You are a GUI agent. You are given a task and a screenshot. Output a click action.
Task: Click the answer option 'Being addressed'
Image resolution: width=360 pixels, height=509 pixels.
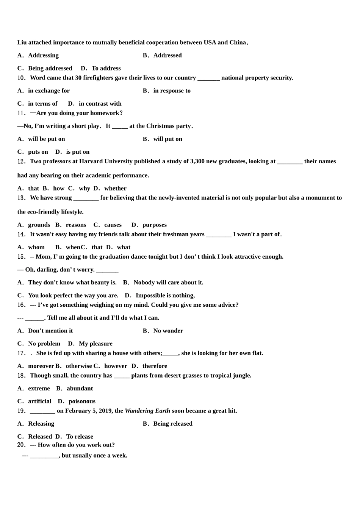tap(50, 68)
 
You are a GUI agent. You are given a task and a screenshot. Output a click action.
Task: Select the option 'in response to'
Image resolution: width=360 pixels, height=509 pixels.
tap(172, 91)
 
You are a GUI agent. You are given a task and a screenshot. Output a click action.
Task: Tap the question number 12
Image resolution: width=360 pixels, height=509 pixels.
tap(22, 161)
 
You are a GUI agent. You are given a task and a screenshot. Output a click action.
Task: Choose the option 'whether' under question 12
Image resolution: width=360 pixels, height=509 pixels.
tap(115, 188)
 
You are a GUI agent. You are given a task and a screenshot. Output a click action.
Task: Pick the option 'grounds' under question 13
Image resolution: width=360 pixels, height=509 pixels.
tap(39, 225)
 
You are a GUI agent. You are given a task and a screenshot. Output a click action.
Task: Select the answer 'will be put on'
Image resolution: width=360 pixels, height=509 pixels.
tap(46, 139)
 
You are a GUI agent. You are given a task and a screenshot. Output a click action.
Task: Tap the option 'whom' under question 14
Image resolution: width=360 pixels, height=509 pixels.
tap(36, 247)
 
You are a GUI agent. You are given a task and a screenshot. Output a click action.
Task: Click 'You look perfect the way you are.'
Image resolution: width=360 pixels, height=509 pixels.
tap(73, 295)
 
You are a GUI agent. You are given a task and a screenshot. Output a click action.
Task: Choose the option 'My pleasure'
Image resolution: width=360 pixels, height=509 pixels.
tap(95, 344)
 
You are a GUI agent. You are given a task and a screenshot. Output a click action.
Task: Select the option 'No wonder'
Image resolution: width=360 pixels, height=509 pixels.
tap(168, 331)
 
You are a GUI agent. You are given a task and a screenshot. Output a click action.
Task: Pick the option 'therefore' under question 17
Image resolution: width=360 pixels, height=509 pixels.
tap(155, 366)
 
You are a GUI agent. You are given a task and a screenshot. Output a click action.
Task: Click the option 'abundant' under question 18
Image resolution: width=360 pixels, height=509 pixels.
tap(80, 389)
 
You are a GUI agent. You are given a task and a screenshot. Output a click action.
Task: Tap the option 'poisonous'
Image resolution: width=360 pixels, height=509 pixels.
tap(82, 401)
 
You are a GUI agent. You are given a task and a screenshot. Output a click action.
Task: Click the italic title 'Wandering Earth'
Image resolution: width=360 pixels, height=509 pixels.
tap(147, 411)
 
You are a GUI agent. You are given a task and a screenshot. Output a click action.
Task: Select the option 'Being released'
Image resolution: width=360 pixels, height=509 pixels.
tap(173, 424)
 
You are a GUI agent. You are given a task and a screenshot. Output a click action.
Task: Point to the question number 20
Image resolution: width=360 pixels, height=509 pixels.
tap(22, 445)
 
